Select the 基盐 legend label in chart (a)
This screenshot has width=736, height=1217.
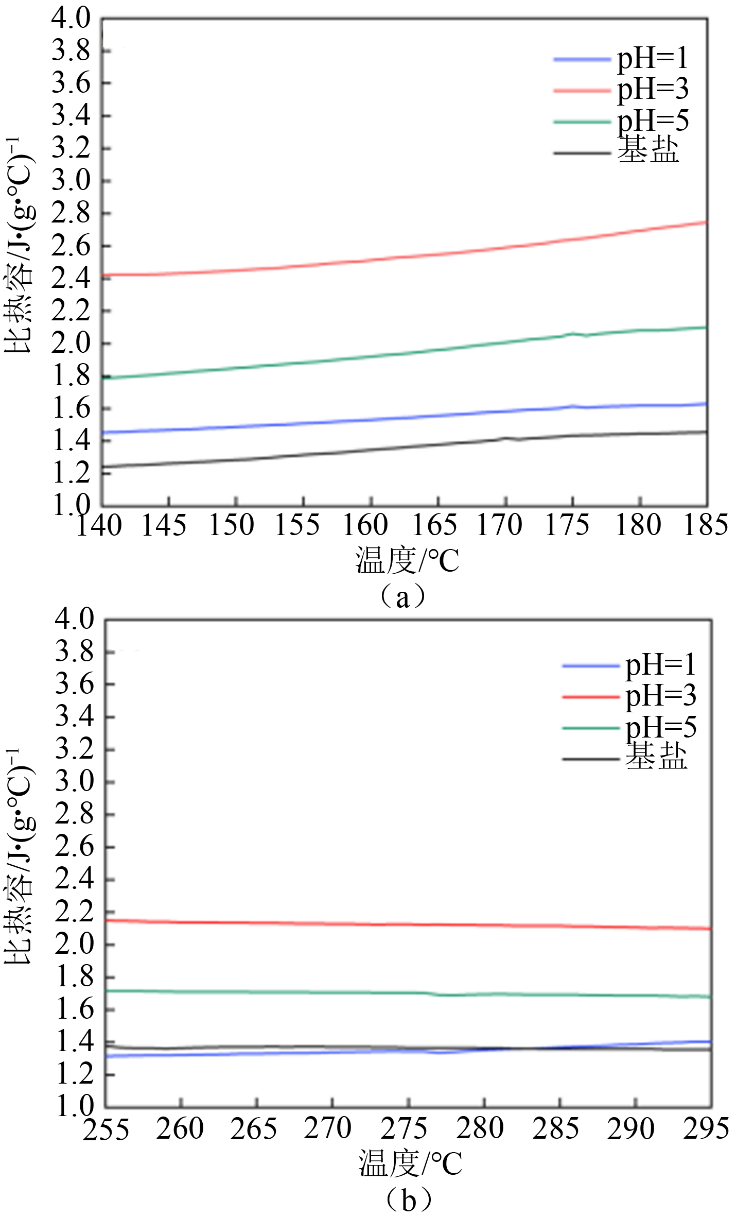coord(649,150)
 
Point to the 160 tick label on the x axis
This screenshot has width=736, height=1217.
coord(365,525)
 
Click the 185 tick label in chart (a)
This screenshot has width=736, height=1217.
coord(705,525)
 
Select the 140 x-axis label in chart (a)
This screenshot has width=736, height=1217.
coord(99,525)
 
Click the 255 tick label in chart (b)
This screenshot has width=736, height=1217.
coord(106,1129)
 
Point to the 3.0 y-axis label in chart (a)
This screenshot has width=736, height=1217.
coord(71,181)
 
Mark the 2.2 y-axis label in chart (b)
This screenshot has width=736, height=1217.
coord(75,912)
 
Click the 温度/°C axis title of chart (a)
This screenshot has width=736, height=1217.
coord(407,561)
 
